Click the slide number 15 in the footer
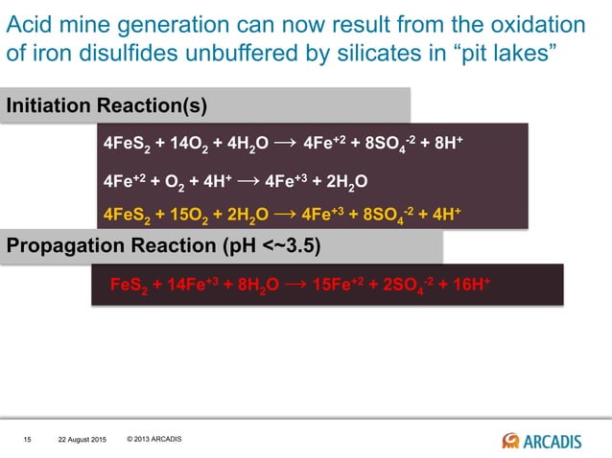(28, 440)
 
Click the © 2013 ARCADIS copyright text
(153, 440)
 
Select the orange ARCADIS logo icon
(510, 440)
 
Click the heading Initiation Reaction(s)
(106, 104)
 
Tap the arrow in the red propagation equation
(297, 285)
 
